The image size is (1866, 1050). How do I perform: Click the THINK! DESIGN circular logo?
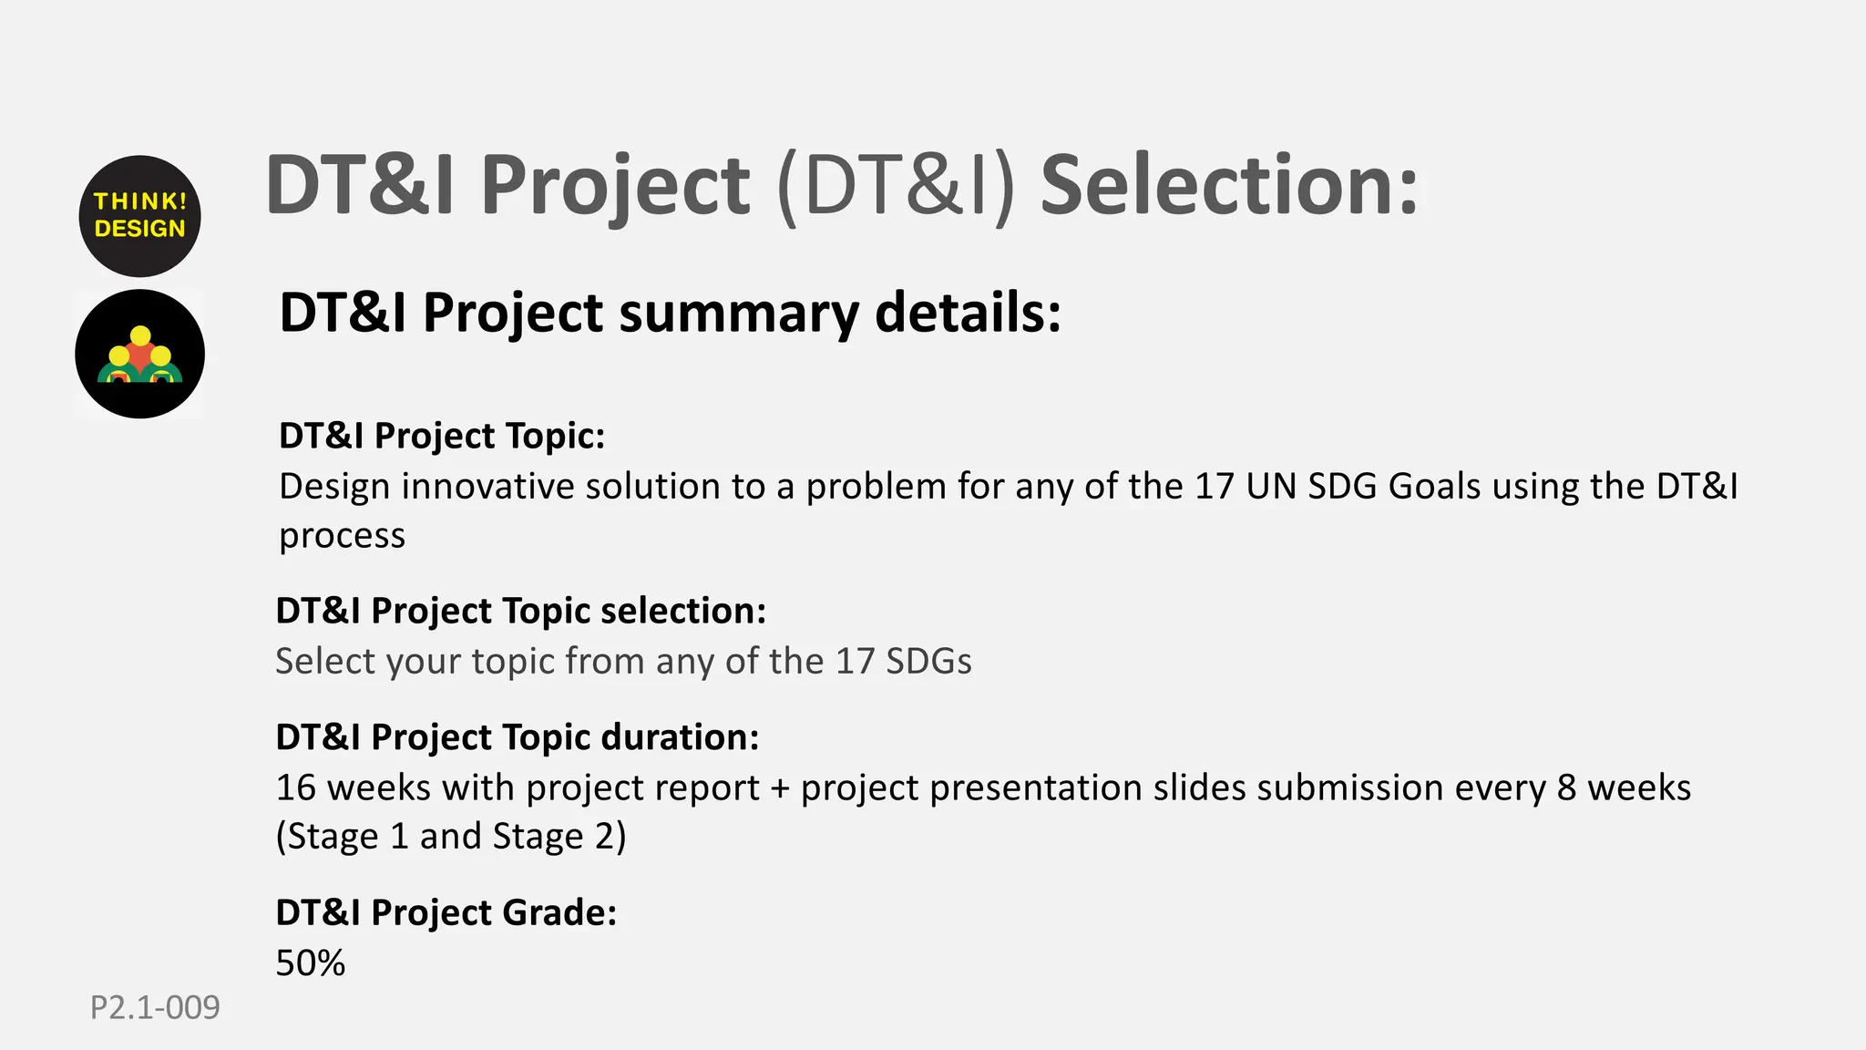139,216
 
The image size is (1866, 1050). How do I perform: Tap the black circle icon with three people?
139,354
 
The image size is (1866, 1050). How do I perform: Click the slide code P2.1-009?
155,1007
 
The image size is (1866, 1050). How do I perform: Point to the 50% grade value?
310,962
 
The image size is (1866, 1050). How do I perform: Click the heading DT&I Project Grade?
446,912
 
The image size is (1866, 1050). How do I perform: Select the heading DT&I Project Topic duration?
517,736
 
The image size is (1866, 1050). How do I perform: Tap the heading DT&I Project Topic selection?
520,611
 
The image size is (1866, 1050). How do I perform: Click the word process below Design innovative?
342,536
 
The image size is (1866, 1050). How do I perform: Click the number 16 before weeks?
295,787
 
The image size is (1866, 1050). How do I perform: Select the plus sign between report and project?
780,788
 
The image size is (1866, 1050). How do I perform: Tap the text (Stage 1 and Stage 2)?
451,837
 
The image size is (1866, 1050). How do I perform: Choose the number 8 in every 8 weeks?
1566,787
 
